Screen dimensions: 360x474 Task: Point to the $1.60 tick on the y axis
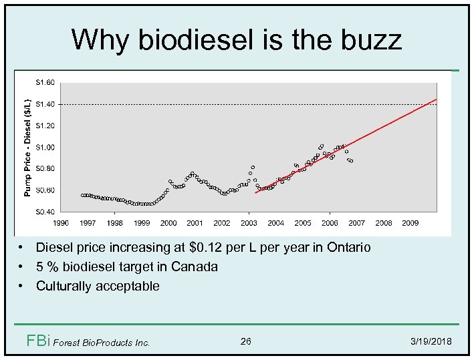(45, 83)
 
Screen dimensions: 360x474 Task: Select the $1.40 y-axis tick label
(45, 104)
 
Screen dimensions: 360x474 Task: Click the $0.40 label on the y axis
(45, 212)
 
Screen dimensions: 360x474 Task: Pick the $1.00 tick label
(45, 148)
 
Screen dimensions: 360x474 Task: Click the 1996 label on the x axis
(61, 223)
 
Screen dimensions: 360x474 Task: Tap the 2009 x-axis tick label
(410, 223)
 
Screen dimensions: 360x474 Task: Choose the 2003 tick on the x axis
(249, 223)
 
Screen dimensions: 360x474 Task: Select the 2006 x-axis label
(330, 223)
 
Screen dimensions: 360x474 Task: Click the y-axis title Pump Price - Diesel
(27, 147)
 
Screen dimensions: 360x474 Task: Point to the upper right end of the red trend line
(436, 100)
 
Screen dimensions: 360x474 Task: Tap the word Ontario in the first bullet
(348, 248)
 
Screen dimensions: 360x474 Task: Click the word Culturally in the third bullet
(65, 287)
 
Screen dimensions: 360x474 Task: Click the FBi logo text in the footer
(38, 341)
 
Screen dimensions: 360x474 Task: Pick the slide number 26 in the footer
(245, 342)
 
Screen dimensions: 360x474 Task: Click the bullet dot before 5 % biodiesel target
(22, 267)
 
